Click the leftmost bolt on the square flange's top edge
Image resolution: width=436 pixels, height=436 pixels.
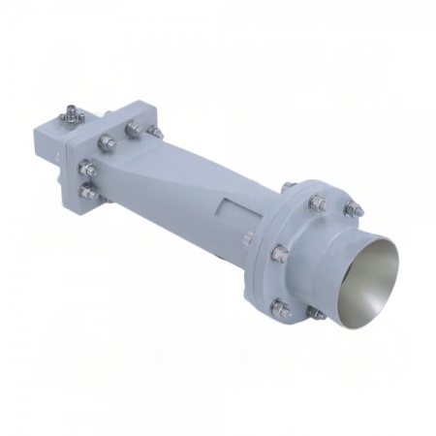pos(105,119)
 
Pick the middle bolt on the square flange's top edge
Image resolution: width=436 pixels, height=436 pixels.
pos(131,125)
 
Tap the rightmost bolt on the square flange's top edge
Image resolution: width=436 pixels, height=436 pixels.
pos(153,131)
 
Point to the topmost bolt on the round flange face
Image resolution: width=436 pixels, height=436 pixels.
pos(317,202)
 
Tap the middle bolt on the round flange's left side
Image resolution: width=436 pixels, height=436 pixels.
pos(279,254)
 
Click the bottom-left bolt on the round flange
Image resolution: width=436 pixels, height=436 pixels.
pos(278,310)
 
